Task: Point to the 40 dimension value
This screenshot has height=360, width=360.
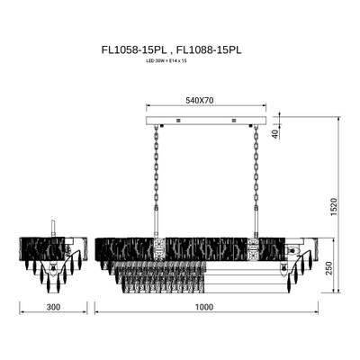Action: pyautogui.click(x=274, y=134)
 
